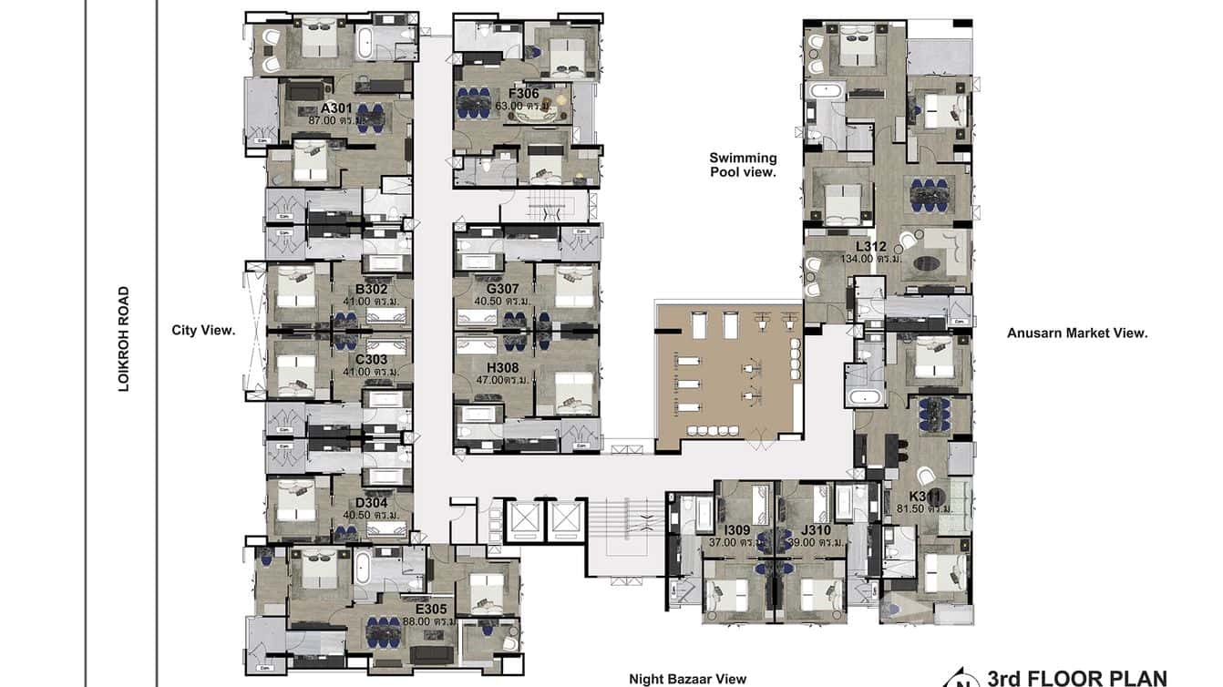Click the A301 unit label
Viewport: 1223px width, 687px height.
(x=335, y=108)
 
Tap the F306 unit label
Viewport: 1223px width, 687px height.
(x=523, y=94)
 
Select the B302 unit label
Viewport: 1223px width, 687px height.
(x=372, y=290)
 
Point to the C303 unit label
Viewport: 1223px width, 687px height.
(x=371, y=360)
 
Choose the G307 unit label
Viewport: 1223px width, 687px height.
(x=502, y=290)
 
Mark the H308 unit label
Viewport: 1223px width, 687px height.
(x=502, y=367)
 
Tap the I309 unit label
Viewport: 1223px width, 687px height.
(x=736, y=529)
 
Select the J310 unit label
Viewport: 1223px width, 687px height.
(x=816, y=529)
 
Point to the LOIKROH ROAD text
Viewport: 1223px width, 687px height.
(x=124, y=340)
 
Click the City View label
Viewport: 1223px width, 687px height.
(x=203, y=331)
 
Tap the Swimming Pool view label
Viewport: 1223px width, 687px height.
(x=743, y=164)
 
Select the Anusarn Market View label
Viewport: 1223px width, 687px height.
(x=1076, y=333)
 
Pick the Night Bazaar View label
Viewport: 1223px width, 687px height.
(x=687, y=678)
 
